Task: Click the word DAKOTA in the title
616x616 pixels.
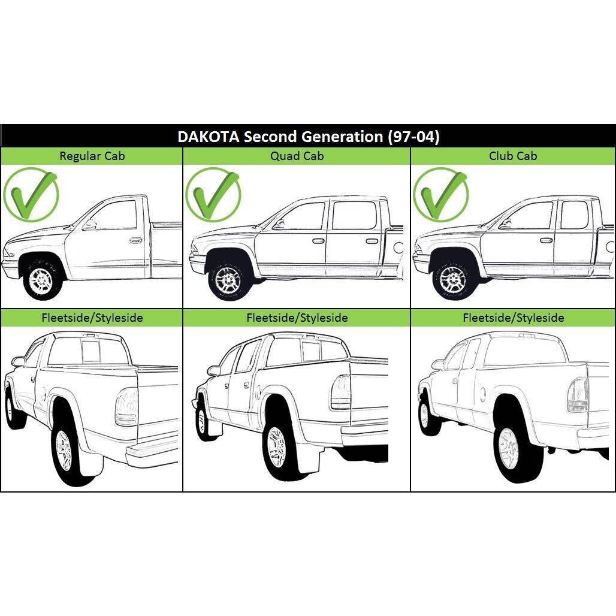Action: (x=208, y=137)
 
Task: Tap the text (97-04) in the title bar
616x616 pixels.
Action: (x=413, y=137)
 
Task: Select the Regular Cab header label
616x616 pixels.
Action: (x=92, y=156)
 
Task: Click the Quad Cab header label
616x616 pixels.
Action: (x=297, y=156)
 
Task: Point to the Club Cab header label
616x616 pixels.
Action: (x=513, y=156)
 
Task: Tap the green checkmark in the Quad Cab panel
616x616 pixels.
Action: (x=213, y=195)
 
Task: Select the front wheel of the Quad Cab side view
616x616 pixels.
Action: (x=229, y=279)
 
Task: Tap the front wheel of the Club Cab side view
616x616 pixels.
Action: (x=454, y=279)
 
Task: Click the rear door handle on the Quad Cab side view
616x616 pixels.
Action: (x=372, y=241)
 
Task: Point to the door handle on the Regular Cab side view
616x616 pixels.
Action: (x=135, y=240)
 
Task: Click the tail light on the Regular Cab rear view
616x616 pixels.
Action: (x=126, y=407)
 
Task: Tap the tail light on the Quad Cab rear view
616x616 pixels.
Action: (x=340, y=391)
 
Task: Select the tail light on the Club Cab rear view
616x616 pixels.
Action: (x=578, y=395)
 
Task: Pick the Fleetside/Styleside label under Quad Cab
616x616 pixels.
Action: (x=297, y=318)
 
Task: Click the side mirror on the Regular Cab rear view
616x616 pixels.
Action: (x=18, y=361)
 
